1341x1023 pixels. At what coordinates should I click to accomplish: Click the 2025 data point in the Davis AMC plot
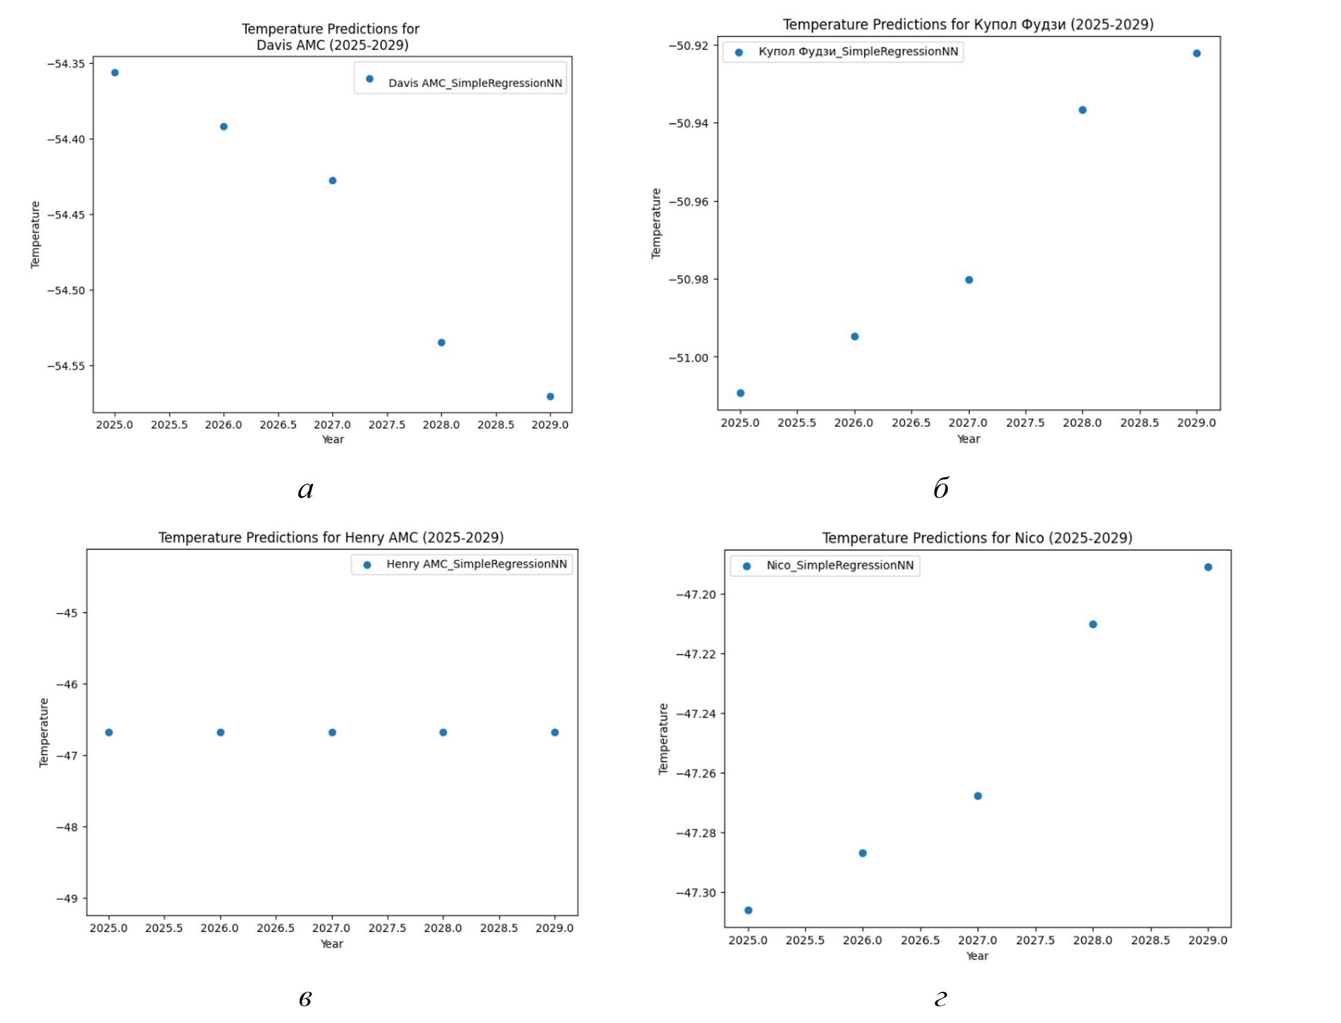(114, 73)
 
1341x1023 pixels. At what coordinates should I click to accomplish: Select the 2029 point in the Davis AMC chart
(550, 396)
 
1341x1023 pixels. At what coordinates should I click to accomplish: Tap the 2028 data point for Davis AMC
(442, 342)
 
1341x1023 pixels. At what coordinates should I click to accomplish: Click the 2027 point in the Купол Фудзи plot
(969, 280)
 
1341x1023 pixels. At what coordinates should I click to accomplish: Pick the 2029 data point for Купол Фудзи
(1197, 53)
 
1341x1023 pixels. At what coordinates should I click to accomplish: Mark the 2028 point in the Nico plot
(1093, 624)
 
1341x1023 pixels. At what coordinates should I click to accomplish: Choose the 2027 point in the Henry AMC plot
(333, 732)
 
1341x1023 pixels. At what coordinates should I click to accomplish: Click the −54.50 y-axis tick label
(67, 291)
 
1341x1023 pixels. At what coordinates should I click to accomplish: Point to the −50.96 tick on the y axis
(688, 201)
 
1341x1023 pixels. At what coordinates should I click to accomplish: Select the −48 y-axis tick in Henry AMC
(67, 827)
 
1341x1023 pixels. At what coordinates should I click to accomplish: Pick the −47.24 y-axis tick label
(696, 714)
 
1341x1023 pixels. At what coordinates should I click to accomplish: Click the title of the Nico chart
(977, 538)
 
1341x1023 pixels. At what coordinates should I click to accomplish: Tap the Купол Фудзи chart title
(968, 25)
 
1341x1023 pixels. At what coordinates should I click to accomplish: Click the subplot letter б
(941, 488)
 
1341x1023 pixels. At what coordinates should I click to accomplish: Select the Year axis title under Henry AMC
(332, 944)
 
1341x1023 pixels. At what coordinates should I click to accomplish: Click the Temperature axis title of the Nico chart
(663, 738)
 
